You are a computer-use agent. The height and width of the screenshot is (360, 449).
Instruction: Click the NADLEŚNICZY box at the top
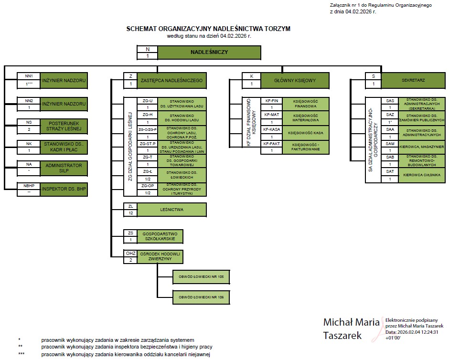209,52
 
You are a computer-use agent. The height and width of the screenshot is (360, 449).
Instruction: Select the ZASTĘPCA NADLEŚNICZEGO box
171,81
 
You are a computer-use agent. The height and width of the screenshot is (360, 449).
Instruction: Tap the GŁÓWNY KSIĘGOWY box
295,81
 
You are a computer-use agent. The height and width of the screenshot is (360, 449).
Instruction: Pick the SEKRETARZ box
413,81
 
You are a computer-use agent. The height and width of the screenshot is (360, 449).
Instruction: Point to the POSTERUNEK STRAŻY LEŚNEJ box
64,126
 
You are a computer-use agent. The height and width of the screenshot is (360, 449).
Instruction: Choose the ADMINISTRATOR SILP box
64,168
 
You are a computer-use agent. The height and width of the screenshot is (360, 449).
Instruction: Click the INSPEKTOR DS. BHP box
64,189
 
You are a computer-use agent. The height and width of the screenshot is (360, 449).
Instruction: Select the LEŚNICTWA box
171,210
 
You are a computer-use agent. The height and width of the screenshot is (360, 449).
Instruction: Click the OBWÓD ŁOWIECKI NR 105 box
201,276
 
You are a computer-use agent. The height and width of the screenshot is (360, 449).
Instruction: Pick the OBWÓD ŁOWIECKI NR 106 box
201,297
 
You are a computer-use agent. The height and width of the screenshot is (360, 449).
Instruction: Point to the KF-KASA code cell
272,129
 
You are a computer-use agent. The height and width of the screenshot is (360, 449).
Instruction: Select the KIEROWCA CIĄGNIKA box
421,176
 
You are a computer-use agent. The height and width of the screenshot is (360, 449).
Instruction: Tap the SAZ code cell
390,115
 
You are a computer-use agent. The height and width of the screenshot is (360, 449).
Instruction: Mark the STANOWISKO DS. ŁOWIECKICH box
179,175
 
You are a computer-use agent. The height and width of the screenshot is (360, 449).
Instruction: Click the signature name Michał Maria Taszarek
351,328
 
